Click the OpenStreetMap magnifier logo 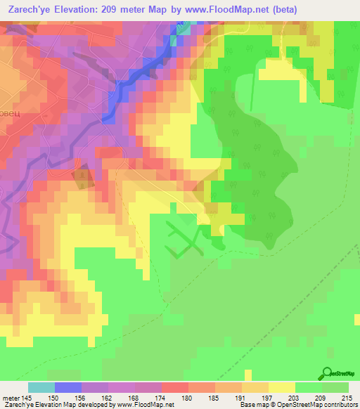(328, 373)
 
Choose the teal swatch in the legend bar (41, 387)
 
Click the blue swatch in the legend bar (68, 387)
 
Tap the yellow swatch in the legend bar (282, 387)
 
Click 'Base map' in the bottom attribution (253, 405)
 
